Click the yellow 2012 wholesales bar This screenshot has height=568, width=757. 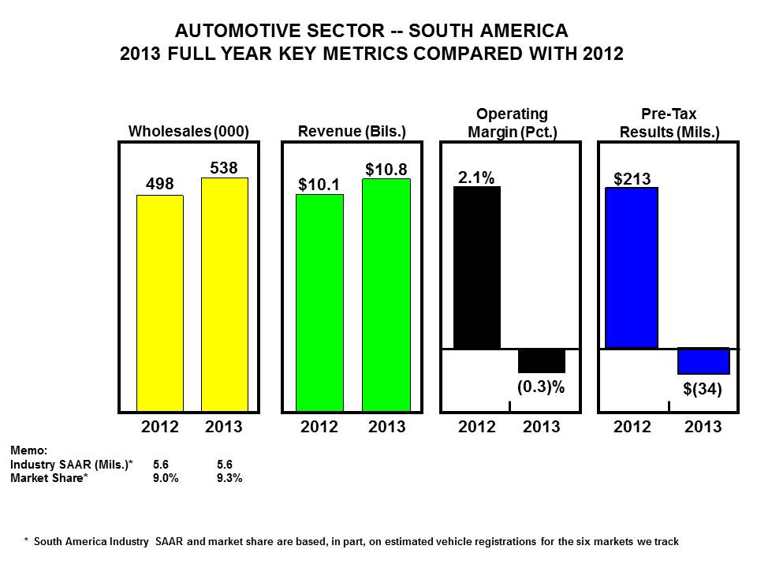(160, 303)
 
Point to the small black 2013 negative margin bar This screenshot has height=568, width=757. (542, 361)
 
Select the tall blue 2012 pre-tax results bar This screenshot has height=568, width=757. (631, 267)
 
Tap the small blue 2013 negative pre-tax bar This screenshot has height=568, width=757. (703, 361)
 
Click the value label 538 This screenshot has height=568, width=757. (224, 167)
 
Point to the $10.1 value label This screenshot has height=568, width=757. (319, 184)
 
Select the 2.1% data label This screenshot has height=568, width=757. (477, 177)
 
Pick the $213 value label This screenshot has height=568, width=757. (632, 177)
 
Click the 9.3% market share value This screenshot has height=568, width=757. (229, 477)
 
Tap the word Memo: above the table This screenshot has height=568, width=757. (28, 450)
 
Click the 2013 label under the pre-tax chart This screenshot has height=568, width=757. (703, 427)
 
